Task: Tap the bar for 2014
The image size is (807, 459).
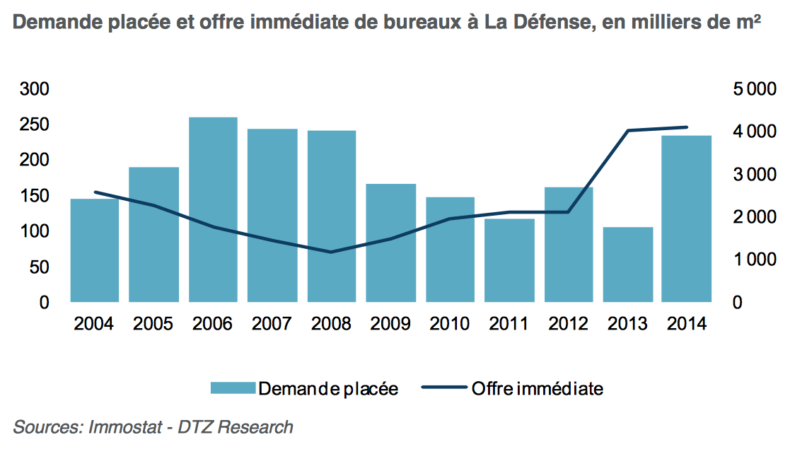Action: pyautogui.click(x=687, y=219)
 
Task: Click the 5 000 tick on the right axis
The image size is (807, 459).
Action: pyautogui.click(x=755, y=89)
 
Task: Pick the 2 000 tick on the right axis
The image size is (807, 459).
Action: pyautogui.click(x=755, y=217)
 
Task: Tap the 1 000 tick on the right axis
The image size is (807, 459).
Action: pyautogui.click(x=755, y=260)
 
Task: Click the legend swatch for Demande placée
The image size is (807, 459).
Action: pyautogui.click(x=232, y=388)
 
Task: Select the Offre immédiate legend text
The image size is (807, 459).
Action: pyautogui.click(x=537, y=388)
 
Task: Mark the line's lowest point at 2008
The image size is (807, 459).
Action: pyautogui.click(x=331, y=252)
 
